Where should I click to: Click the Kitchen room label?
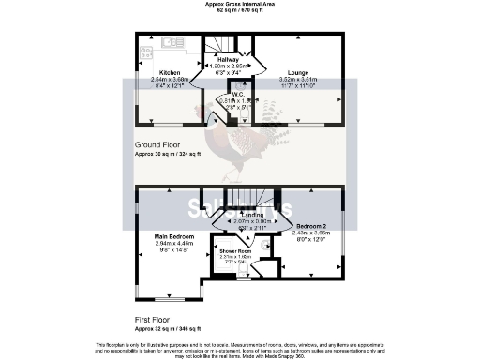tap(170, 73)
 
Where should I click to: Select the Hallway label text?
tap(229, 58)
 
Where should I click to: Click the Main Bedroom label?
tap(174, 235)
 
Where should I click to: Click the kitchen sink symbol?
tap(172, 41)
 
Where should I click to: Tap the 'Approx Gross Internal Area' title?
tap(240, 5)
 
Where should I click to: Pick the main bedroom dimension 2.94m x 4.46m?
tap(174, 243)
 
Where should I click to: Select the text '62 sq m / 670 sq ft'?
tap(240, 11)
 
